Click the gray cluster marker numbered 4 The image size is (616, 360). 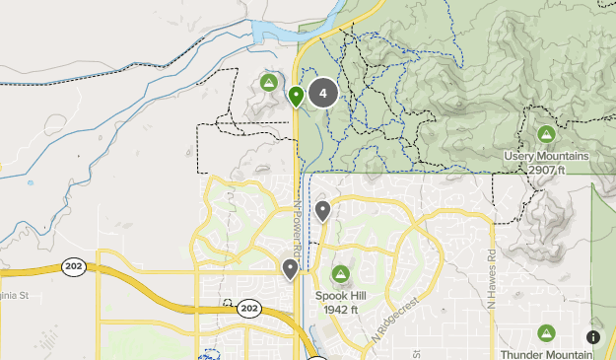(x=323, y=94)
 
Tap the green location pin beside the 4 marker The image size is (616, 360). (x=297, y=97)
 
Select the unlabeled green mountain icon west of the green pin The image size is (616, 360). (x=268, y=82)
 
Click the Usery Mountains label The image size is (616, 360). (x=546, y=156)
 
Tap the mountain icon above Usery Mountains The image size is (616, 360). (x=545, y=134)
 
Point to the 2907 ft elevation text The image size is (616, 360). (x=546, y=170)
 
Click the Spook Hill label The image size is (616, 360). (x=341, y=295)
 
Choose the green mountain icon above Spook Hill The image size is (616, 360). (x=341, y=273)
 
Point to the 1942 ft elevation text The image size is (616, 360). (x=341, y=309)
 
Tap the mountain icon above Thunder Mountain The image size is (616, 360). (x=546, y=333)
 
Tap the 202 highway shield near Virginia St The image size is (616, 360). (x=73, y=266)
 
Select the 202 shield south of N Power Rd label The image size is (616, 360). (x=249, y=310)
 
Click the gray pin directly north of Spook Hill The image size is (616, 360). (x=322, y=210)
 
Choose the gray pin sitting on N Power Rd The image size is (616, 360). (x=291, y=268)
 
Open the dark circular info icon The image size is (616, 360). (x=592, y=337)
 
